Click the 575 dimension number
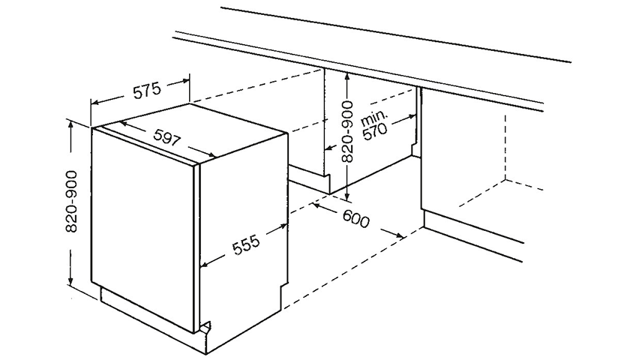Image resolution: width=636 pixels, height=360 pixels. point(147,91)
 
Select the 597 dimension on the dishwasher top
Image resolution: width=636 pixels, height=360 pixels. point(166,139)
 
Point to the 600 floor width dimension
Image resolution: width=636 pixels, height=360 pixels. point(355,219)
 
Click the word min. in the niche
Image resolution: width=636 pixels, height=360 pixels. point(373,117)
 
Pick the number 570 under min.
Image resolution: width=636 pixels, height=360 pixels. point(375,132)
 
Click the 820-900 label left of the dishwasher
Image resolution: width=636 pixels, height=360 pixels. point(71,202)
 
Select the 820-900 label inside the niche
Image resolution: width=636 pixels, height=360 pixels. point(347,132)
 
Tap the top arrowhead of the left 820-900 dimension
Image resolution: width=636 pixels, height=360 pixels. point(71,124)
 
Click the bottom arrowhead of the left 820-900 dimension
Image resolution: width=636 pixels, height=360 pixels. point(71,282)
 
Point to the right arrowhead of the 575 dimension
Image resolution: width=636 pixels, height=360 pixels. point(185,80)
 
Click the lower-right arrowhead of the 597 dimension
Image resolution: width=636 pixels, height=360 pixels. point(211,154)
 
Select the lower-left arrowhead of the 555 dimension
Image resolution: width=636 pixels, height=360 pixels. point(205,264)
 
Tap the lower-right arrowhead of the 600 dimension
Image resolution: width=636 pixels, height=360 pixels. point(400,235)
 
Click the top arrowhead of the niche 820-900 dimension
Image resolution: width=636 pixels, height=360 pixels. point(347,76)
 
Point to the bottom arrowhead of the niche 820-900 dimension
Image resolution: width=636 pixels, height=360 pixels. point(347,196)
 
